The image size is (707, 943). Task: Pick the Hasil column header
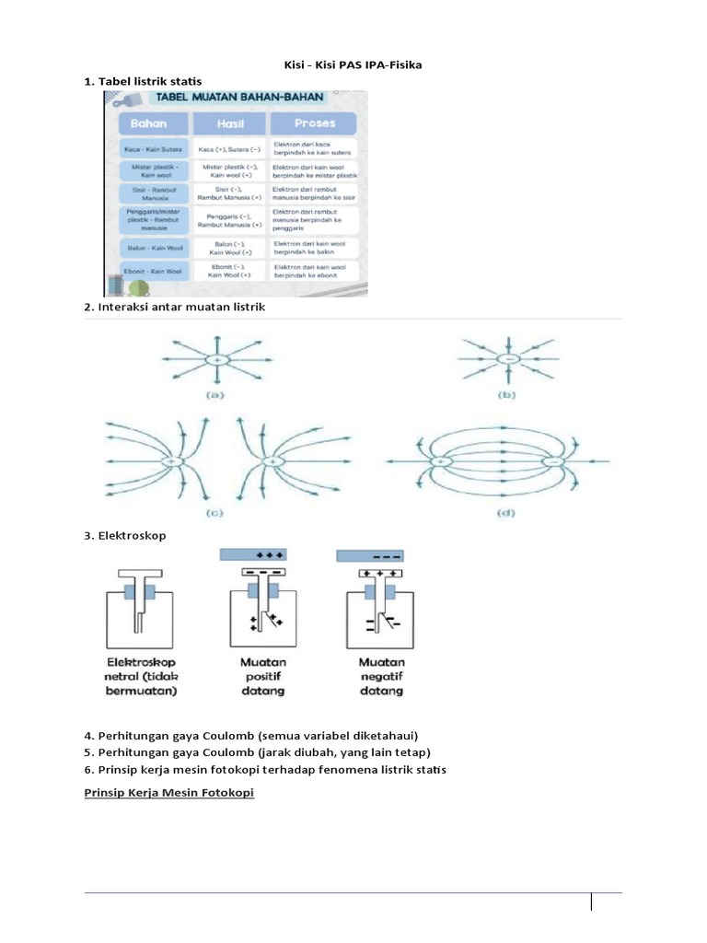pos(229,122)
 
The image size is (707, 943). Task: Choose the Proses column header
pos(315,122)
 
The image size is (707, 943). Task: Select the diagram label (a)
pos(215,395)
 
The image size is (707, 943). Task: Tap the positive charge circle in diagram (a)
pos(216,359)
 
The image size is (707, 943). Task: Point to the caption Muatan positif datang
pos(262,677)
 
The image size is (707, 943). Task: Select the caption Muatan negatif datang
pos(380,677)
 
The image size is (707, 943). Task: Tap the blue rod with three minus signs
pos(373,555)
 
